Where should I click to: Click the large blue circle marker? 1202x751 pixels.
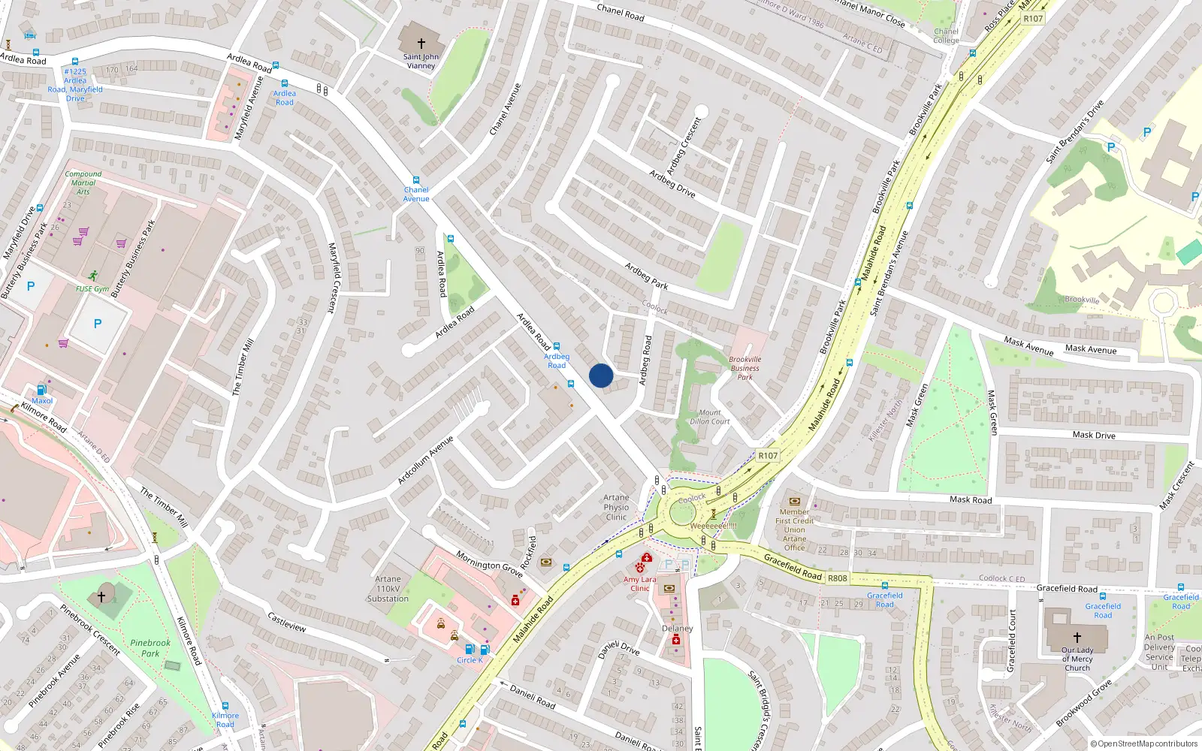click(601, 375)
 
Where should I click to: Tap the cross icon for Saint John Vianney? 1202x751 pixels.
click(421, 44)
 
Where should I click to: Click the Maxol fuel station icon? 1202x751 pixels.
click(42, 390)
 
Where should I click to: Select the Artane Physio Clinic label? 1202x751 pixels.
click(616, 507)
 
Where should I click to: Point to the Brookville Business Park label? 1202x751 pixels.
click(744, 368)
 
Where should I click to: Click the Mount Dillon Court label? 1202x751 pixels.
click(709, 417)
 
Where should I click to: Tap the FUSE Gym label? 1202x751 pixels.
click(92, 288)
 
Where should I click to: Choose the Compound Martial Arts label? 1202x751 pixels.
click(83, 182)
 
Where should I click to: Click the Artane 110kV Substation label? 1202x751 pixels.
click(388, 589)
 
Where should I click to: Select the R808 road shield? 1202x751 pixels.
click(837, 578)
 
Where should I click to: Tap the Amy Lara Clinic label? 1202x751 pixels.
click(639, 584)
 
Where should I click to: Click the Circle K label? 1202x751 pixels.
click(470, 660)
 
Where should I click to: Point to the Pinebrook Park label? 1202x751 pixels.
click(150, 647)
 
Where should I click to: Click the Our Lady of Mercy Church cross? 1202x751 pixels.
click(1077, 637)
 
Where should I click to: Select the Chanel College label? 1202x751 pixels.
click(946, 36)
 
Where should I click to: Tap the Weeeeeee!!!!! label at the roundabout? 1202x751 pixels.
click(713, 526)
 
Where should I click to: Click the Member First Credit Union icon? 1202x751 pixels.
click(795, 501)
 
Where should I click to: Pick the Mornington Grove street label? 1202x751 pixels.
click(489, 563)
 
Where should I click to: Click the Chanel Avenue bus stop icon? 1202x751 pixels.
click(415, 180)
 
